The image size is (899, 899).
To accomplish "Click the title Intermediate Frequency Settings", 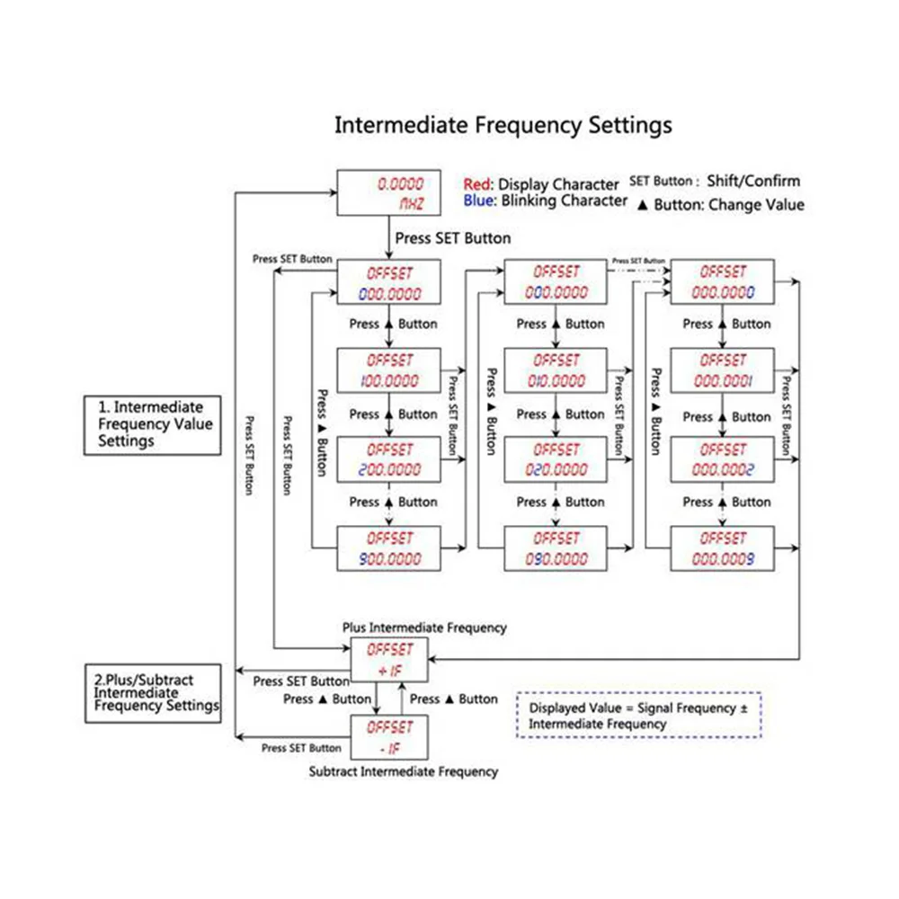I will (x=503, y=124).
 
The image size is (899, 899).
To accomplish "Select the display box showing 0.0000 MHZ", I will (x=388, y=193).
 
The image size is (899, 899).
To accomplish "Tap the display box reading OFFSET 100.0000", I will (x=388, y=369).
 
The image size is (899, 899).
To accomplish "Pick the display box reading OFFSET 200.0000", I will (x=388, y=458).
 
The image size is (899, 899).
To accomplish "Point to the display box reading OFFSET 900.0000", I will (x=388, y=548).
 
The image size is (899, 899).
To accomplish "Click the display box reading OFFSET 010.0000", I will (x=556, y=369).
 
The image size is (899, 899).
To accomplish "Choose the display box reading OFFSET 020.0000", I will (x=556, y=458).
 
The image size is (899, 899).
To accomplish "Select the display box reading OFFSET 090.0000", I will (x=556, y=548).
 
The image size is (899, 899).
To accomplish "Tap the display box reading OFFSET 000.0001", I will (x=723, y=369).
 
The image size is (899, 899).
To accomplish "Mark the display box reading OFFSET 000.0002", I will (x=723, y=458).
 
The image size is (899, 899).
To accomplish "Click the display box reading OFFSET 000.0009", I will (x=723, y=548).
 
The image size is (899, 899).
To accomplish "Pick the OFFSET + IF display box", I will (x=388, y=659).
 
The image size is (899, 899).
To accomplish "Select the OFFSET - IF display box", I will (x=388, y=737).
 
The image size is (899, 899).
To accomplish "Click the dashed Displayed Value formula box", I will (x=639, y=716).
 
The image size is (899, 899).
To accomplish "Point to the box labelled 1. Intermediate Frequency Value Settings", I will (x=152, y=424).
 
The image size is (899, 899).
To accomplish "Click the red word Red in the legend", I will (x=478, y=183).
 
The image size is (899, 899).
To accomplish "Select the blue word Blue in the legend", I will (x=479, y=200).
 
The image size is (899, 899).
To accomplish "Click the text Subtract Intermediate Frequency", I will (x=403, y=771).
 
